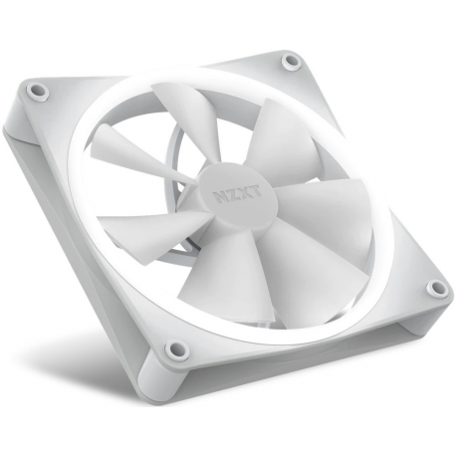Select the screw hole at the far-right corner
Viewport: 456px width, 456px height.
click(x=434, y=289)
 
